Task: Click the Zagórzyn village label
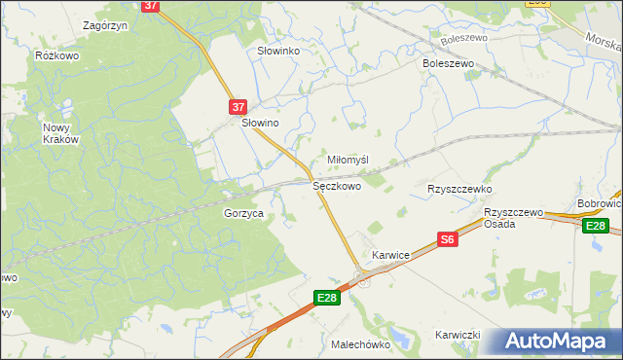pos(107,25)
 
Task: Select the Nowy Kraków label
pos(60,133)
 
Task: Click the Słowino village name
pos(260,125)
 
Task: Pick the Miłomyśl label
pos(348,160)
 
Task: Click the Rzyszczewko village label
pos(459,189)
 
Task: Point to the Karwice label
pos(390,255)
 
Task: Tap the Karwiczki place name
pos(458,335)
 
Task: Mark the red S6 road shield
pos(448,239)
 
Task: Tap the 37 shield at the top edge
pos(151,5)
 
